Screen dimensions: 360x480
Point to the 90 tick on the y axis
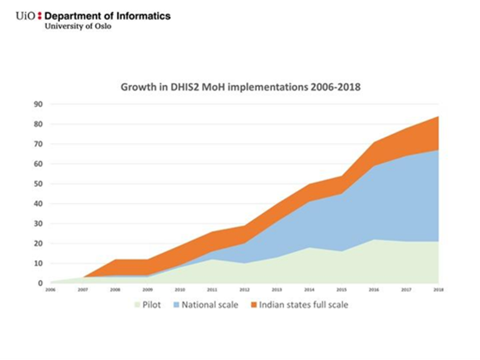coord(38,104)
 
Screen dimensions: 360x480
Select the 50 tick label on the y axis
coord(38,184)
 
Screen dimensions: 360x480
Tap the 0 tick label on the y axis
coord(40,283)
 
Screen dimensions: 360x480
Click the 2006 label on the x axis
coord(51,291)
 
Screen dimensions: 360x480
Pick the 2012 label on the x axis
coord(244,291)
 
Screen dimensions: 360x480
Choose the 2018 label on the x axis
coord(438,291)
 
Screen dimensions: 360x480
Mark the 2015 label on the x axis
coord(341,291)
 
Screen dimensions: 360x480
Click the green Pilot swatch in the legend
coord(136,305)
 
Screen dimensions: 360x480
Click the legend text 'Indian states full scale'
coord(304,305)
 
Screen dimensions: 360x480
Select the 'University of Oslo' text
coord(78,26)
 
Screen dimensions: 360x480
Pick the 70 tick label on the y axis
coord(38,144)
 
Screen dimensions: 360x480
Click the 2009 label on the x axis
coord(147,291)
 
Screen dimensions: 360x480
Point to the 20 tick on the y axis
coord(38,243)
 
